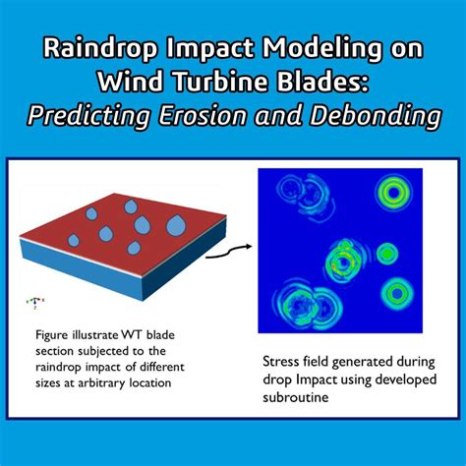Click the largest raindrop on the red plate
point(177,227)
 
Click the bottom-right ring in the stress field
point(398,292)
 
